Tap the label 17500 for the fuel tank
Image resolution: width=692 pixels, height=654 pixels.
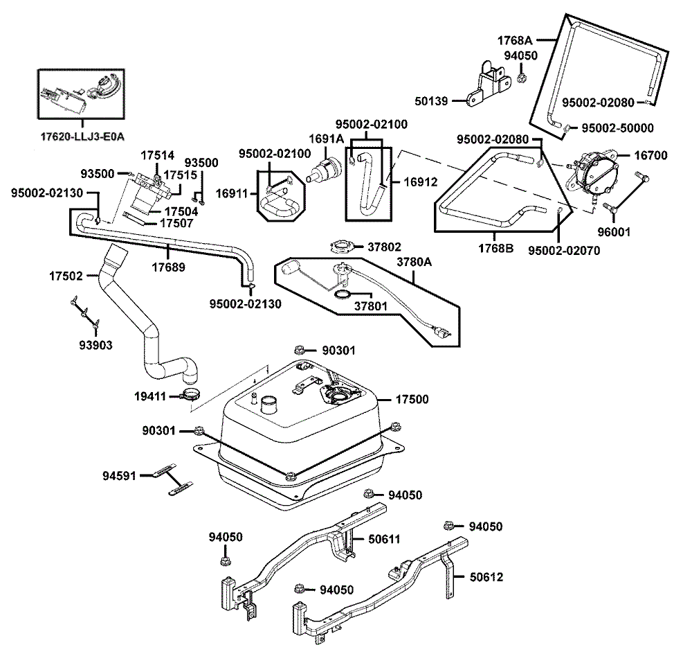pos(412,400)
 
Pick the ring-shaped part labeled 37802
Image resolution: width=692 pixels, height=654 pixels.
pos(342,247)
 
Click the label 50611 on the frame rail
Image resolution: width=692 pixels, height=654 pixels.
pos(384,538)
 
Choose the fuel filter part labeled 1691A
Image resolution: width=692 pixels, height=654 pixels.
pos(324,170)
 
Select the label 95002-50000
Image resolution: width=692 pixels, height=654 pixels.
pos(617,128)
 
